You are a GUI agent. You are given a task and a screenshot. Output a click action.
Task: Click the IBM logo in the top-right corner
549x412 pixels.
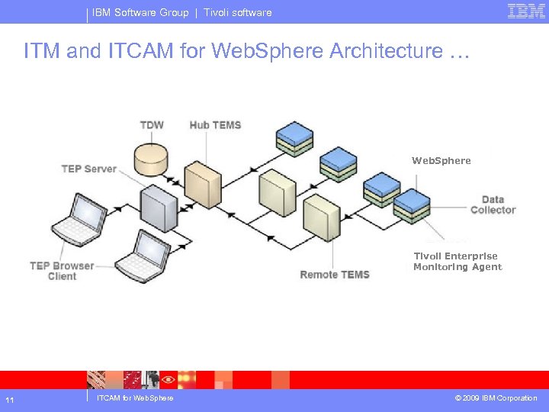[x=526, y=11]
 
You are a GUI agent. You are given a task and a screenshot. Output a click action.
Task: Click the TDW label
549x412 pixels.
[x=152, y=125]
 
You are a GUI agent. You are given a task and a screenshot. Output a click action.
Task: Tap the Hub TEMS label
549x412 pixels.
[x=215, y=125]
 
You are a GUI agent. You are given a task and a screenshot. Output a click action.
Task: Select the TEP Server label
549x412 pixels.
[x=89, y=169]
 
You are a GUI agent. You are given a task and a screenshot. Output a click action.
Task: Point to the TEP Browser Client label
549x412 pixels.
[x=62, y=271]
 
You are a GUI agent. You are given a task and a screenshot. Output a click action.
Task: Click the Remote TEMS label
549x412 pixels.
[x=335, y=275]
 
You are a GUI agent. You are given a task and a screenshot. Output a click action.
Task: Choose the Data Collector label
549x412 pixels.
[x=493, y=204]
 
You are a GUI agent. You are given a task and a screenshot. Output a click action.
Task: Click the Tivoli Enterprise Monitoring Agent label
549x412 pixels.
[x=457, y=262]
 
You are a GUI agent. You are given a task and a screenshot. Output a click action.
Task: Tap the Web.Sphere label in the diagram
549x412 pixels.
[x=441, y=161]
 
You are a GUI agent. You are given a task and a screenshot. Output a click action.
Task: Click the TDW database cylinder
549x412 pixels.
[x=151, y=157]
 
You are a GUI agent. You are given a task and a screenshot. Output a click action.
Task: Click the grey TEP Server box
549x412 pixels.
[x=158, y=206]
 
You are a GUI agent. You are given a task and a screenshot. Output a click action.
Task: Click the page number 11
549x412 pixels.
[x=8, y=399]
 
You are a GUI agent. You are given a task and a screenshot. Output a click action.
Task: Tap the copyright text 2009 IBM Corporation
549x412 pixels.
[x=496, y=398]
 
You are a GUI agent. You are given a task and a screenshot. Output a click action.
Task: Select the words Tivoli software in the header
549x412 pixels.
[x=237, y=12]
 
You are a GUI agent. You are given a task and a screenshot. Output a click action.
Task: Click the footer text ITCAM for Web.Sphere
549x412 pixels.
[x=135, y=398]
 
